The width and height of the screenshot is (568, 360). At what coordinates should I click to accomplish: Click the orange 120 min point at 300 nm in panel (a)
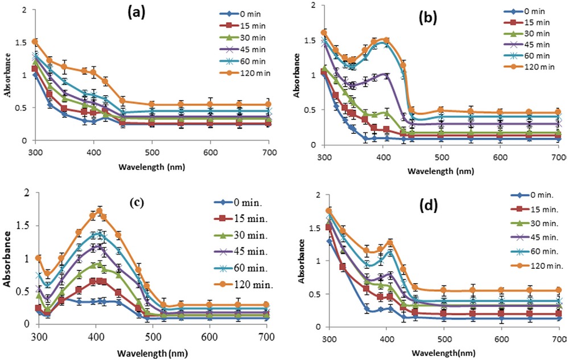pyautogui.click(x=35, y=42)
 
